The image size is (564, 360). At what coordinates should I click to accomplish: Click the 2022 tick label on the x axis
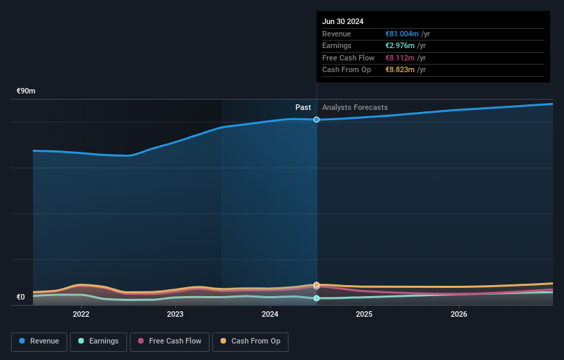pyautogui.click(x=81, y=314)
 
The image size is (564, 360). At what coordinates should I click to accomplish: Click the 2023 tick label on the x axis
pyautogui.click(x=175, y=314)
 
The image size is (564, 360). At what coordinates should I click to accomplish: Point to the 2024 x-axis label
pyautogui.click(x=270, y=314)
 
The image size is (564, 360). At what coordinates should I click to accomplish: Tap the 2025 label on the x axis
pyautogui.click(x=364, y=314)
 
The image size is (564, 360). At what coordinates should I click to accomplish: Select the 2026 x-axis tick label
pyautogui.click(x=459, y=314)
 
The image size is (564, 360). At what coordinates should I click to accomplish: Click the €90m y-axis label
pyautogui.click(x=26, y=91)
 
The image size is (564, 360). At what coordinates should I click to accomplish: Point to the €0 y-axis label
pyautogui.click(x=21, y=297)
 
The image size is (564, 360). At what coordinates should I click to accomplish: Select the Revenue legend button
pyautogui.click(x=39, y=341)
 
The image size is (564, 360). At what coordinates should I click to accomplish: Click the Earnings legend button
pyautogui.click(x=98, y=341)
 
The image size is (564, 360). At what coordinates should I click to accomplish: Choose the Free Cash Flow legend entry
pyautogui.click(x=170, y=341)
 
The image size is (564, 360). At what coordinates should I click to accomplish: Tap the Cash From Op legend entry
pyautogui.click(x=250, y=341)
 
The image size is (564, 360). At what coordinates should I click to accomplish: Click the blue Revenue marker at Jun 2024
pyautogui.click(x=317, y=120)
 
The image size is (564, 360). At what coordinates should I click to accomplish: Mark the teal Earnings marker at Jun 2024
pyautogui.click(x=317, y=298)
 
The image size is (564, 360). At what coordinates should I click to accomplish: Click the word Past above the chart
pyautogui.click(x=303, y=108)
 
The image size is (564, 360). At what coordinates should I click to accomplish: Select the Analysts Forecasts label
pyautogui.click(x=354, y=108)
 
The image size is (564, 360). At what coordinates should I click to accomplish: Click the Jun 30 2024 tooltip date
pyautogui.click(x=342, y=21)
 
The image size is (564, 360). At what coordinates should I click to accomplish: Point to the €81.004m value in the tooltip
pyautogui.click(x=403, y=34)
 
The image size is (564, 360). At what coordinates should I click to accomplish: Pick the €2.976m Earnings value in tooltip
pyautogui.click(x=401, y=46)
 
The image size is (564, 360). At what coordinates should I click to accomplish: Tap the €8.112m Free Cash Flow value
pyautogui.click(x=401, y=58)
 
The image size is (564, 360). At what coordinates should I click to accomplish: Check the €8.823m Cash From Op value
pyautogui.click(x=401, y=69)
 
